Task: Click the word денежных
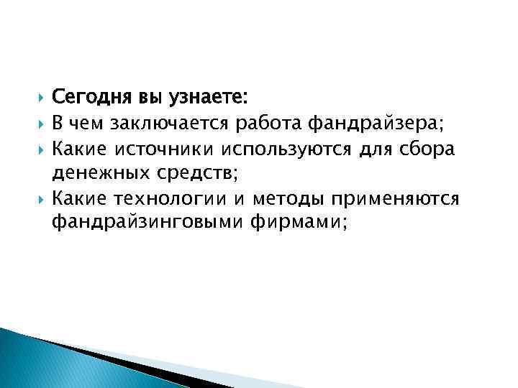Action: coord(99,172)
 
